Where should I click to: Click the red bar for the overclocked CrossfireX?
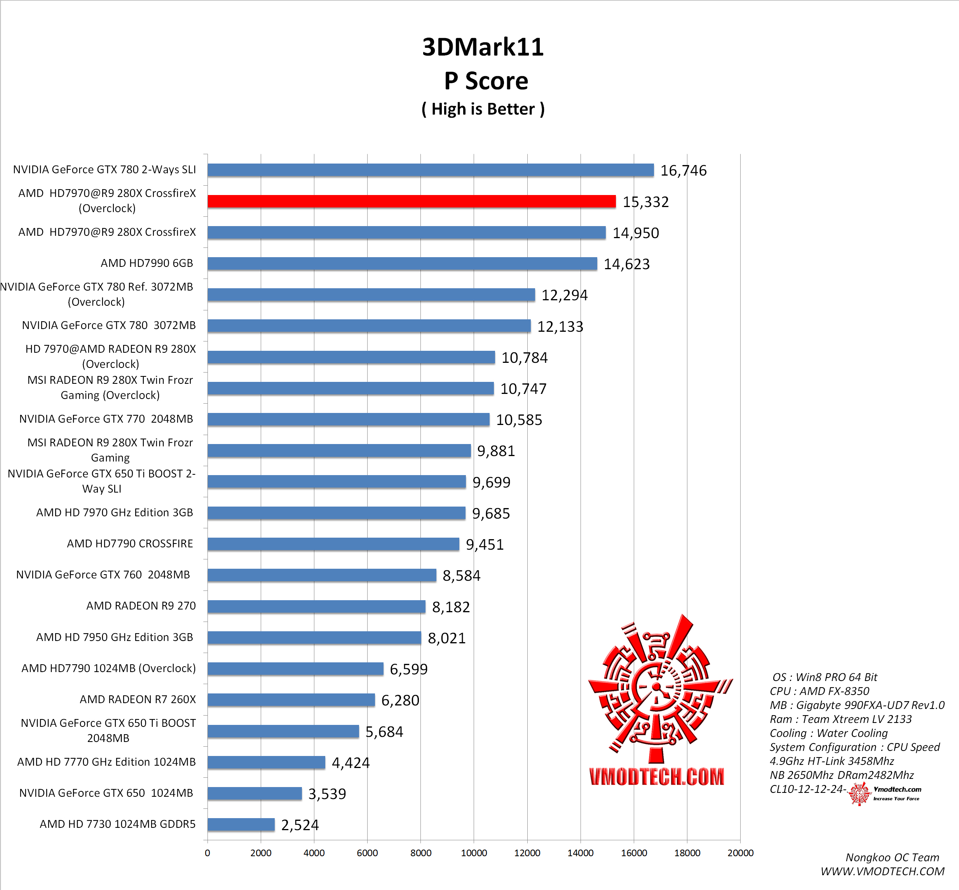[411, 201]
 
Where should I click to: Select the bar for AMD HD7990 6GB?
[402, 263]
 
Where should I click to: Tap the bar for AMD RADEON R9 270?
[316, 606]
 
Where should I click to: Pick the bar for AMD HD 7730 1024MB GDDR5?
[241, 824]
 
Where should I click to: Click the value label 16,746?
[683, 171]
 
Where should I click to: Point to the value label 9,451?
[485, 544]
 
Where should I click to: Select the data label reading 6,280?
[400, 700]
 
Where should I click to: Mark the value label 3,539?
[327, 794]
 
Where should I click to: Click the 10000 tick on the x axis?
[474, 853]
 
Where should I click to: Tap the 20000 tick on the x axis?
[740, 853]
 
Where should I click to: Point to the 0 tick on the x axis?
[207, 853]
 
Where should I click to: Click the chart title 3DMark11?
[483, 47]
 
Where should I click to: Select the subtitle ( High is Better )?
[483, 109]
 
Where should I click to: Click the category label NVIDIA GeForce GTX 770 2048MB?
[106, 419]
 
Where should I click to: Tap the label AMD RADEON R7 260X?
[138, 699]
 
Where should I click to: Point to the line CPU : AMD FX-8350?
[820, 691]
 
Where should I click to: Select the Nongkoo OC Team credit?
[892, 857]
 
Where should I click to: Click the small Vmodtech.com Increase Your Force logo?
[885, 794]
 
